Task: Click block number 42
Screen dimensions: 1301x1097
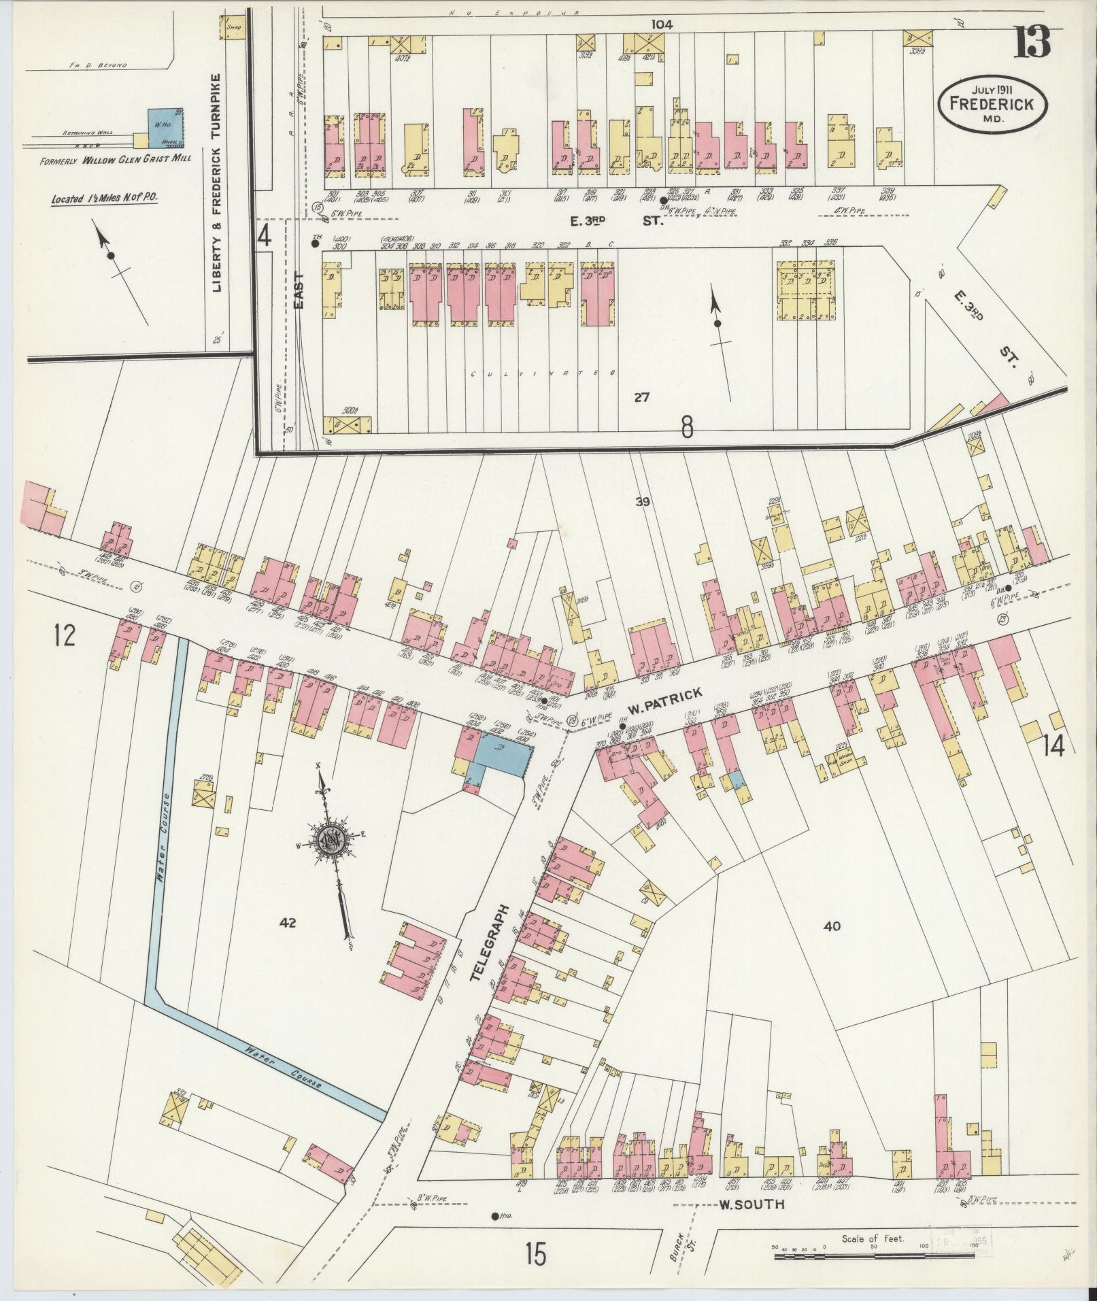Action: click(288, 922)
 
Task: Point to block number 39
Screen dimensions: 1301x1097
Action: click(643, 502)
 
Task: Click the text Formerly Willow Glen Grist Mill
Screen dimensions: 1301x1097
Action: click(113, 161)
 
